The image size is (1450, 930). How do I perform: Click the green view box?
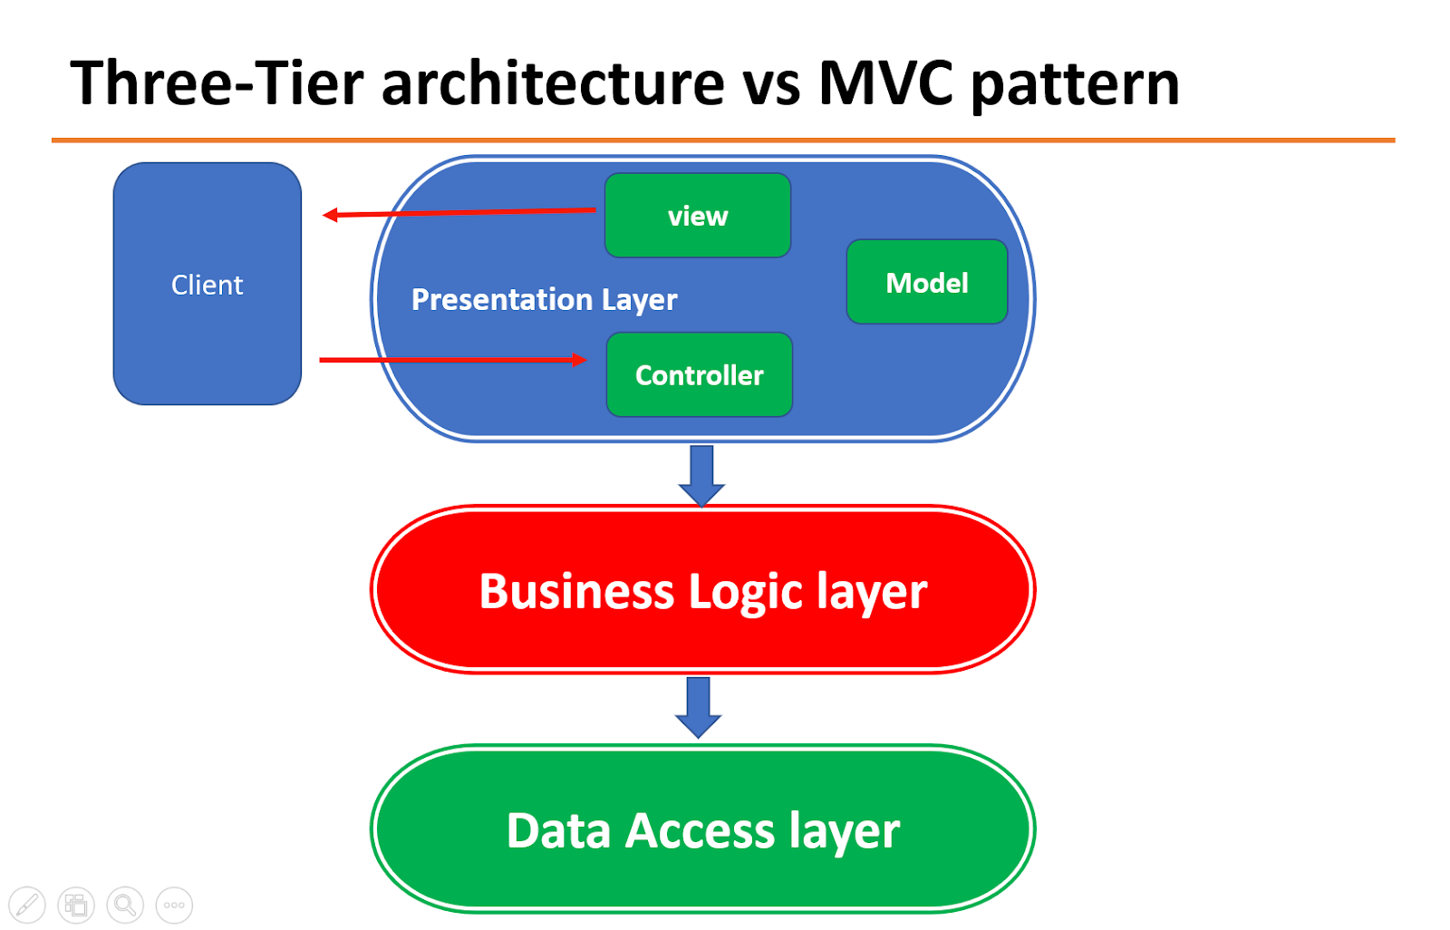pos(698,216)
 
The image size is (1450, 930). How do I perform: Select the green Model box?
pos(926,282)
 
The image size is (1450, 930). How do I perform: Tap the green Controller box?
pos(699,374)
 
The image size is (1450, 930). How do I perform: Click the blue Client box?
pos(208,284)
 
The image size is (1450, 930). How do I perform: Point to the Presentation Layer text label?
pos(544,299)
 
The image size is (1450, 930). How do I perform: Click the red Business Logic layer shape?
pos(702,590)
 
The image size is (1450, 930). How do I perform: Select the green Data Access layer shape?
pos(702,829)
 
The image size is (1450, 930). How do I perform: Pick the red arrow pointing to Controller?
pos(453,360)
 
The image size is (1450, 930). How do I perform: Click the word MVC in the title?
pos(885,83)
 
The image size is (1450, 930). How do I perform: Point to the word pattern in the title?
pos(1075,83)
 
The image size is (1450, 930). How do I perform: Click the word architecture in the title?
pos(553,83)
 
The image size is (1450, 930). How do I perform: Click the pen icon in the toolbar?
pos(27,905)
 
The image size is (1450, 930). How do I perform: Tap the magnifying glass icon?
pos(125,905)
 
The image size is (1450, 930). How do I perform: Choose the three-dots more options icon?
pos(174,905)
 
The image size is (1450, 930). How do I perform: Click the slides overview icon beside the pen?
pos(76,905)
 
